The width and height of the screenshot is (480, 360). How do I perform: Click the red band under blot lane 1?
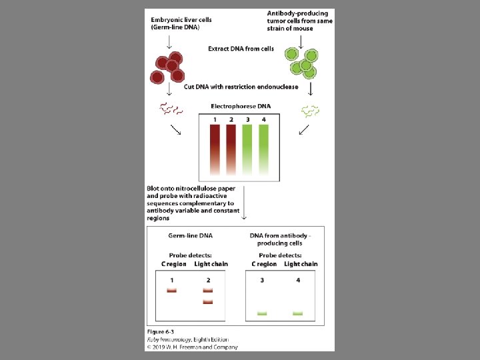coord(172,291)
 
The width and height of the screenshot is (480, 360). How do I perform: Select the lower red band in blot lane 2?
coord(207,302)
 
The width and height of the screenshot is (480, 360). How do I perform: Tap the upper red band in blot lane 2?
coord(207,291)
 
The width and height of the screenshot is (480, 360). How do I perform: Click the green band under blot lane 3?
coord(262,313)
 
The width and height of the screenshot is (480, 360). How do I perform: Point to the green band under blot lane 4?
coord(298,313)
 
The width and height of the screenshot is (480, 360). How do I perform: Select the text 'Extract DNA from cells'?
coord(241,49)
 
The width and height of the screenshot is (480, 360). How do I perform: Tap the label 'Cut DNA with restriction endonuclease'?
coord(241,87)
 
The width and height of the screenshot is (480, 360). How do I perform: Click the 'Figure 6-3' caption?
coord(161,331)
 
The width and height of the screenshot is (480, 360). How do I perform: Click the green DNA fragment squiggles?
coord(310,109)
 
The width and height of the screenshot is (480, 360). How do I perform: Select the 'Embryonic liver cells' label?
coord(181,20)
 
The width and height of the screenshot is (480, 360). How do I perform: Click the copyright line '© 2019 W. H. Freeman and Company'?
coord(192,346)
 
